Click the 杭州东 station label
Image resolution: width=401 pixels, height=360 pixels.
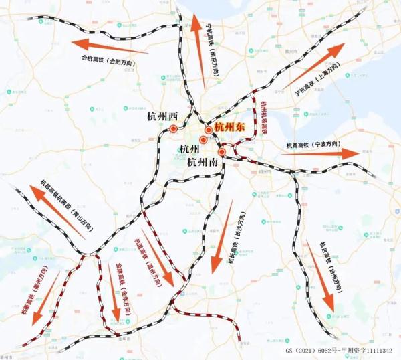(x=231, y=127)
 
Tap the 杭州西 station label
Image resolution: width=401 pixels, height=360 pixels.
(x=162, y=116)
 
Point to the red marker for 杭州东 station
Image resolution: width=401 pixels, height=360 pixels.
(x=209, y=130)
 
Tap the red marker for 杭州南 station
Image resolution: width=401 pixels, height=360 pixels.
(x=221, y=152)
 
